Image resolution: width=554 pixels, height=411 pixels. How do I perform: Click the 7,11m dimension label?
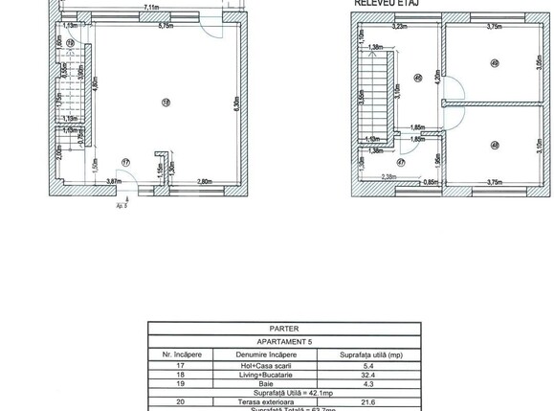(151, 8)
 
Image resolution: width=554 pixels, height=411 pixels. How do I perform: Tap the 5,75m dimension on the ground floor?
(166, 26)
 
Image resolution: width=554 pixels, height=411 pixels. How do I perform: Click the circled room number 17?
(123, 162)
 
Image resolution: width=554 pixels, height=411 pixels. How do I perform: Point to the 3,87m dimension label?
(113, 181)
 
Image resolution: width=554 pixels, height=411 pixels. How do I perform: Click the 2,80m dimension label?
(204, 181)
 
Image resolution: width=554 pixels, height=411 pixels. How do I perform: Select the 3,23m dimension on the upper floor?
(400, 27)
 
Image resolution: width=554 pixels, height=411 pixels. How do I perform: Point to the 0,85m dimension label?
(431, 182)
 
